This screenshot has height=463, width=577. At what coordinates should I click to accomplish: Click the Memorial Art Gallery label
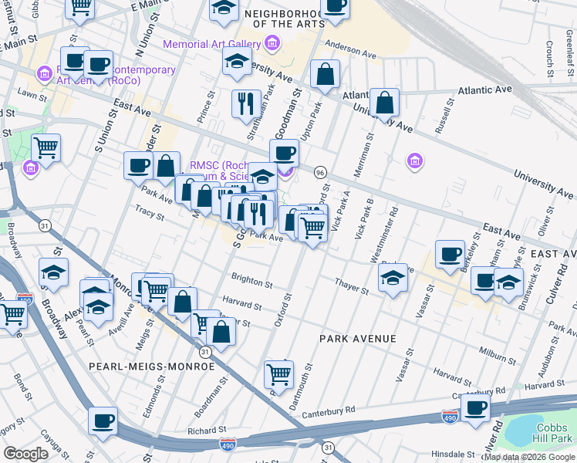[212, 44]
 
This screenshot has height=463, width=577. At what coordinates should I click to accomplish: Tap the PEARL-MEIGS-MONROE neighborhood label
[151, 367]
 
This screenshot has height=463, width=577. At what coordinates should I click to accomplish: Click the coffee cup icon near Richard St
[103, 421]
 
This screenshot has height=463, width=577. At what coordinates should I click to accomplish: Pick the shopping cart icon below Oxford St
[278, 374]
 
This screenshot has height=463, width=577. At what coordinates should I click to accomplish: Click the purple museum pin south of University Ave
[415, 161]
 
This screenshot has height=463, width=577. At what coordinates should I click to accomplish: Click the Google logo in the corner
[25, 453]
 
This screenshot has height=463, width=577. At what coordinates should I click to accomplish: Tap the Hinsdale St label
[452, 455]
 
